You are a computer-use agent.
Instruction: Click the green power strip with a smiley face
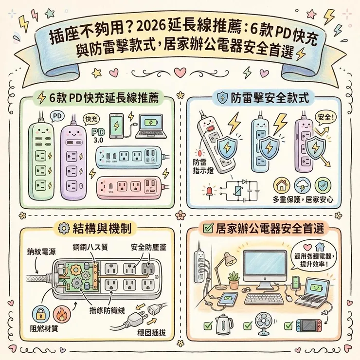point(40,156)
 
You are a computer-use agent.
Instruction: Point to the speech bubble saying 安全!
point(326,118)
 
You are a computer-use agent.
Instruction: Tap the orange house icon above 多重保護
point(281,185)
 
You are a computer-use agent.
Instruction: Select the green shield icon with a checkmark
point(321,185)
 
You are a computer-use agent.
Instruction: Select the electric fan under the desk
point(266,325)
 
